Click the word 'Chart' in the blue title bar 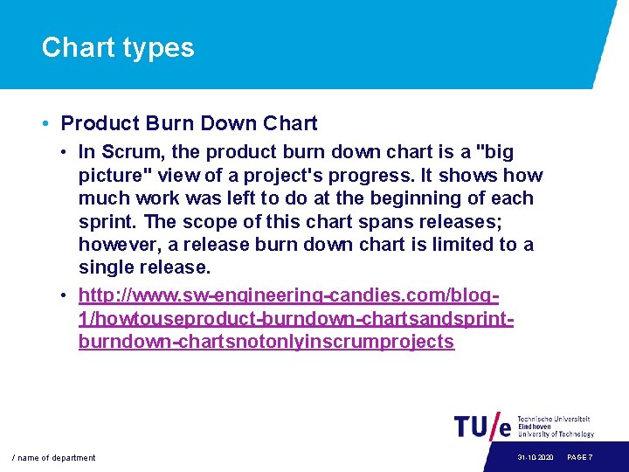pyautogui.click(x=77, y=47)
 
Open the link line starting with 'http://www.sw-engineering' pyautogui.click(x=288, y=296)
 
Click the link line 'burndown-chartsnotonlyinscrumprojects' pyautogui.click(x=266, y=342)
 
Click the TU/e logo pyautogui.click(x=483, y=426)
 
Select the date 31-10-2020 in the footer pyautogui.click(x=535, y=458)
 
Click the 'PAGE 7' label pyautogui.click(x=580, y=458)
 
